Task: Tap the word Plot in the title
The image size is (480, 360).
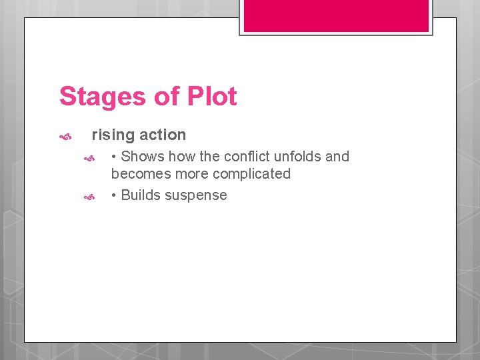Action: [x=212, y=97]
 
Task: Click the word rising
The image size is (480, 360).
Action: [x=113, y=135]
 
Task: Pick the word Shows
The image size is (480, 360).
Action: [x=143, y=157]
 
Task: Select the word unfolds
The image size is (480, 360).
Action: [x=298, y=157]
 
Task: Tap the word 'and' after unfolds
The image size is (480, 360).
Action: [x=337, y=157]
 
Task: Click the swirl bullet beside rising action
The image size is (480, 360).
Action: [x=65, y=137]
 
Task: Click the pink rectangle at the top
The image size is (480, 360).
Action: [x=336, y=15]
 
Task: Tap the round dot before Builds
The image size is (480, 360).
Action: [x=115, y=196]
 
